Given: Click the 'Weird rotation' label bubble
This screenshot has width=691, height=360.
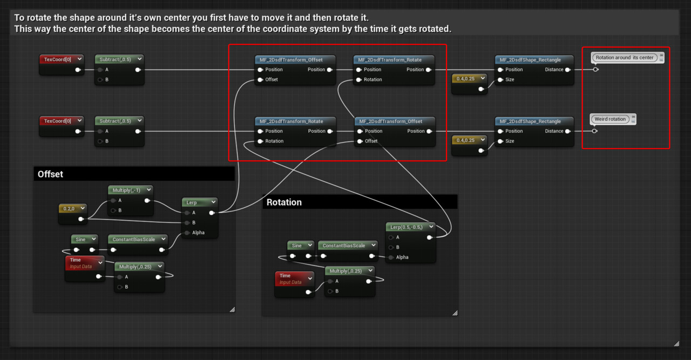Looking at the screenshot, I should [x=610, y=119].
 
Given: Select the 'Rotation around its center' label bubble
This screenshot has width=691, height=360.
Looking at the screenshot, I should [x=625, y=58].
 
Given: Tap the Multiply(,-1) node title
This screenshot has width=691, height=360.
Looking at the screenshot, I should [x=126, y=190].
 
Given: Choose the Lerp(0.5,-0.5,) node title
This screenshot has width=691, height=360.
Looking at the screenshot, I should [x=407, y=227].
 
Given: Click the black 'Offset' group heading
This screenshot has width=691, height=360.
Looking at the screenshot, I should [x=50, y=174].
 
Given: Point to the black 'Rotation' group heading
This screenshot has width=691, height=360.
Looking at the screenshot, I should [x=284, y=202].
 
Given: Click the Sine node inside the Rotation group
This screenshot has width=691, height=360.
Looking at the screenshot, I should [x=296, y=246].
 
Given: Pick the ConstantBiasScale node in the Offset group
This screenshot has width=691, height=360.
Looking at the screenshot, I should [x=133, y=240].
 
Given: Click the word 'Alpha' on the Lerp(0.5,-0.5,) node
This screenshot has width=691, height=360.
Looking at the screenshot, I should [x=402, y=257].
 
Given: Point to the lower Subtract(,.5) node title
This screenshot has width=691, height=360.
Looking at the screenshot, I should [x=115, y=121].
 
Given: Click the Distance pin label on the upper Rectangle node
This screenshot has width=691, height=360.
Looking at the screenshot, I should [x=554, y=70].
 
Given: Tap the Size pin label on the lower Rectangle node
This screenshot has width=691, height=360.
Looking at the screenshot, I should [x=510, y=141].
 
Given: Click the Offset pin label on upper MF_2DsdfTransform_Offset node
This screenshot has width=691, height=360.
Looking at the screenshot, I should [x=272, y=79].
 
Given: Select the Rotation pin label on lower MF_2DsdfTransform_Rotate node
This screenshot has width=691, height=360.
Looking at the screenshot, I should [x=274, y=141].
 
